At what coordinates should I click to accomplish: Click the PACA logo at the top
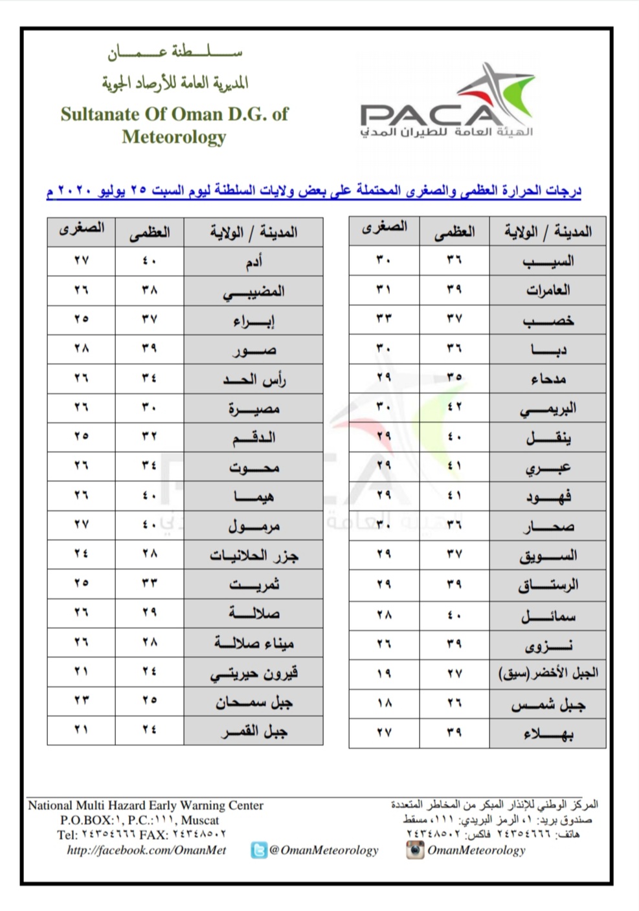point(447,104)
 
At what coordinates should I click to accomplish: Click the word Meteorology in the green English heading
point(174,137)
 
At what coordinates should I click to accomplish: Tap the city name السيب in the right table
point(548,261)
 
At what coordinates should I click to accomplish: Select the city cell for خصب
point(548,320)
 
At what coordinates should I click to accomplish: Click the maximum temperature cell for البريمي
point(454,408)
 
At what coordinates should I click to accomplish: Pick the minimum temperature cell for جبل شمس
point(384,703)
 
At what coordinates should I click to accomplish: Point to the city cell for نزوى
point(548,644)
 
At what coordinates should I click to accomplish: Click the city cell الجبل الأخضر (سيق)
point(548,674)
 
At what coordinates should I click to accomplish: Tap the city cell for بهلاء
point(548,733)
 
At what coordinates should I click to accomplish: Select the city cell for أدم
point(253,261)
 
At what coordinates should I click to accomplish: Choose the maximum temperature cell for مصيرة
point(150,408)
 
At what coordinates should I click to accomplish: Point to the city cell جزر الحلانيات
point(253,555)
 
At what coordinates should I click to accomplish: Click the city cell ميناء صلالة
point(253,643)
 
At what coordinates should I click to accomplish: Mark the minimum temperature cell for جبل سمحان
point(81,701)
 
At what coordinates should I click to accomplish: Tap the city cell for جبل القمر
point(253,731)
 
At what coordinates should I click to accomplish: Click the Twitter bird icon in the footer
point(259,850)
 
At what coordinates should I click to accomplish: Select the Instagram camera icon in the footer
point(415,850)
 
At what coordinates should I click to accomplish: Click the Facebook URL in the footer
point(146,850)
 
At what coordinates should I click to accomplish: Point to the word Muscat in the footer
point(200,820)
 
